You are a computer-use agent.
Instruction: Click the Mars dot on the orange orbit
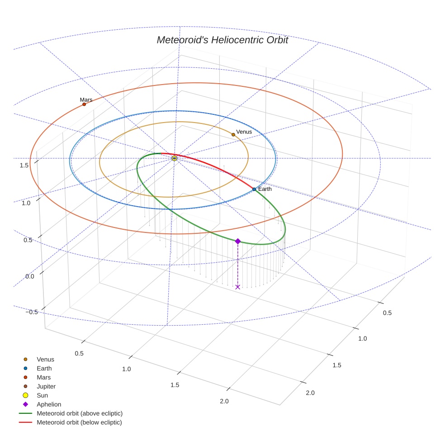click(x=84, y=104)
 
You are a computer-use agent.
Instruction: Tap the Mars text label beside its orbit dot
click(x=86, y=99)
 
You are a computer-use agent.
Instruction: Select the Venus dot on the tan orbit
click(x=233, y=134)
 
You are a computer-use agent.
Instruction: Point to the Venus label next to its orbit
click(x=244, y=132)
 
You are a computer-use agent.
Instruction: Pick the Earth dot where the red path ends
click(x=254, y=189)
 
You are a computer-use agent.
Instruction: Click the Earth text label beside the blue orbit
click(x=265, y=189)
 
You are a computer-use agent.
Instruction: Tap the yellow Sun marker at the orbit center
click(x=174, y=158)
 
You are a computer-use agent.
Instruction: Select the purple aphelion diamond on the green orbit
click(x=238, y=241)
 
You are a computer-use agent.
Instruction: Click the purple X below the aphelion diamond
click(x=238, y=287)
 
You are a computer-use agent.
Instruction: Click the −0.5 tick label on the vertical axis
click(x=32, y=312)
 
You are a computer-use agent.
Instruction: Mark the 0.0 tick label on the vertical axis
click(x=29, y=276)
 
